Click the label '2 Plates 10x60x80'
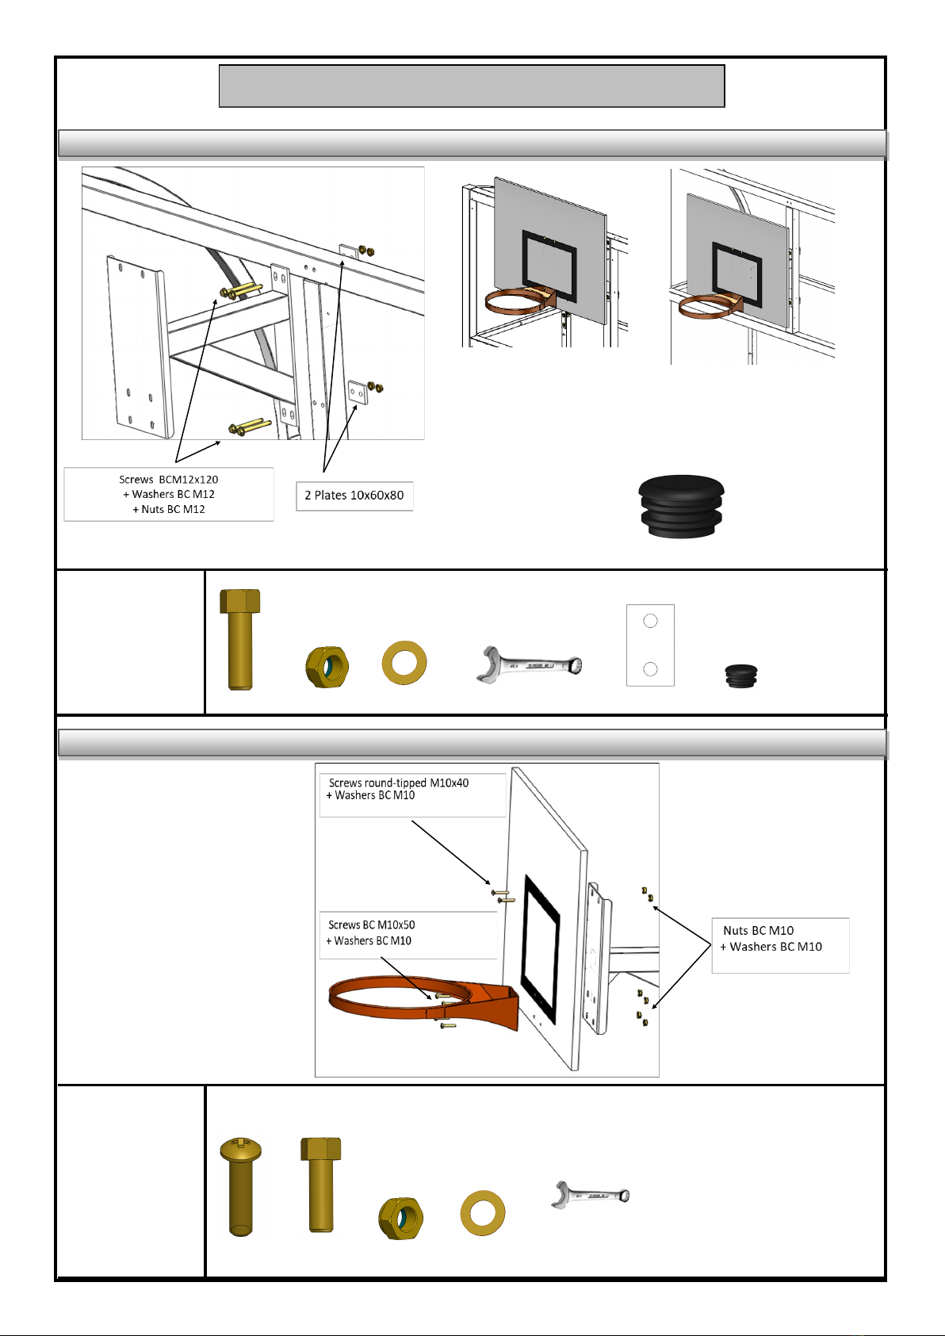(x=354, y=495)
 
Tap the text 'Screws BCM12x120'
(x=169, y=480)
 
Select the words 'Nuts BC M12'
(x=173, y=509)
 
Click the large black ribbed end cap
(x=682, y=507)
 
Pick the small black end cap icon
(x=741, y=676)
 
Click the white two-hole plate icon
(x=650, y=645)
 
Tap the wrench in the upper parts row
(x=529, y=664)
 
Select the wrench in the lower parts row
(x=591, y=1195)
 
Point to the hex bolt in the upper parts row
(x=239, y=639)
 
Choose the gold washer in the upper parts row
(x=404, y=663)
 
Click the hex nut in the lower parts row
(x=400, y=1218)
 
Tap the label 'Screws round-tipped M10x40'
(x=398, y=783)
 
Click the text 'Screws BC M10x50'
(x=372, y=924)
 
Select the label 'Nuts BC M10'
(x=759, y=930)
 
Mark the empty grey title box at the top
(x=472, y=86)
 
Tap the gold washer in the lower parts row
(x=483, y=1212)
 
